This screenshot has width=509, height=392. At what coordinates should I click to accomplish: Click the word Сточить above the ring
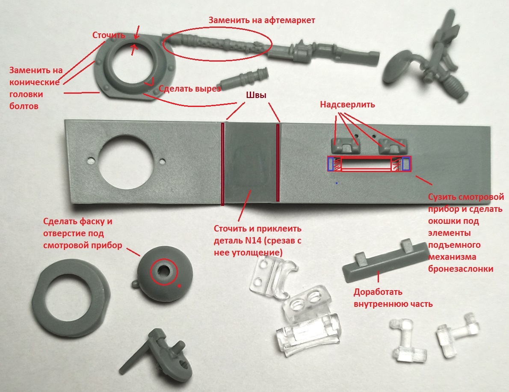pyautogui.click(x=109, y=35)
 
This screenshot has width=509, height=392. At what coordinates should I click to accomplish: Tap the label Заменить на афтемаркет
pyautogui.click(x=262, y=20)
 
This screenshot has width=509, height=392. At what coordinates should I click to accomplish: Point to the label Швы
pyautogui.click(x=256, y=95)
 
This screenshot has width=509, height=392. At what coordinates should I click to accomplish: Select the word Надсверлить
pyautogui.click(x=347, y=104)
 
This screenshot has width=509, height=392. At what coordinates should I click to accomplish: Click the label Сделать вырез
pyautogui.click(x=189, y=89)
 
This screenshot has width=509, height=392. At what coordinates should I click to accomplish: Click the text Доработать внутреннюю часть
pyautogui.click(x=393, y=298)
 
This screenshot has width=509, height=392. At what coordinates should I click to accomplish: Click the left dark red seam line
pyautogui.click(x=222, y=164)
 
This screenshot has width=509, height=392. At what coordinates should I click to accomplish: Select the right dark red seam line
pyautogui.click(x=278, y=162)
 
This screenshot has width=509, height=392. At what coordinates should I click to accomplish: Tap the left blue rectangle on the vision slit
pyautogui.click(x=331, y=164)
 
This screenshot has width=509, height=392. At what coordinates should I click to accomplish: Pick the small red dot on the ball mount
pyautogui.click(x=179, y=286)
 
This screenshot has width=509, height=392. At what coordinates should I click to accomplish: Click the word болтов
pyautogui.click(x=24, y=106)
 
